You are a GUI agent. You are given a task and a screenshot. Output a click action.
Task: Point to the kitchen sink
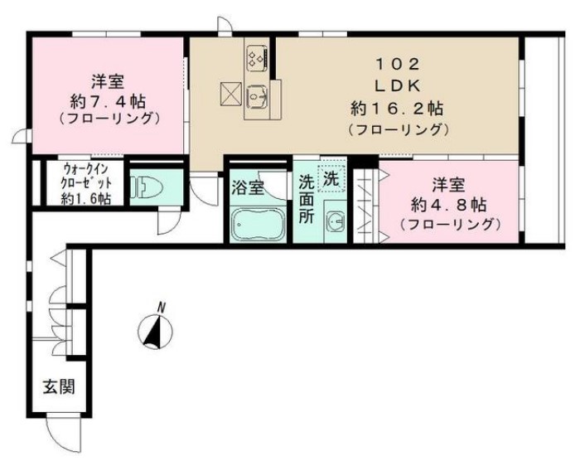click(258, 95)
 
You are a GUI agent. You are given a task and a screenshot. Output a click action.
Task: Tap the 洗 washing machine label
click(331, 177)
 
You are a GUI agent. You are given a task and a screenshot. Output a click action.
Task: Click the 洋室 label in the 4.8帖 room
click(449, 183)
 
